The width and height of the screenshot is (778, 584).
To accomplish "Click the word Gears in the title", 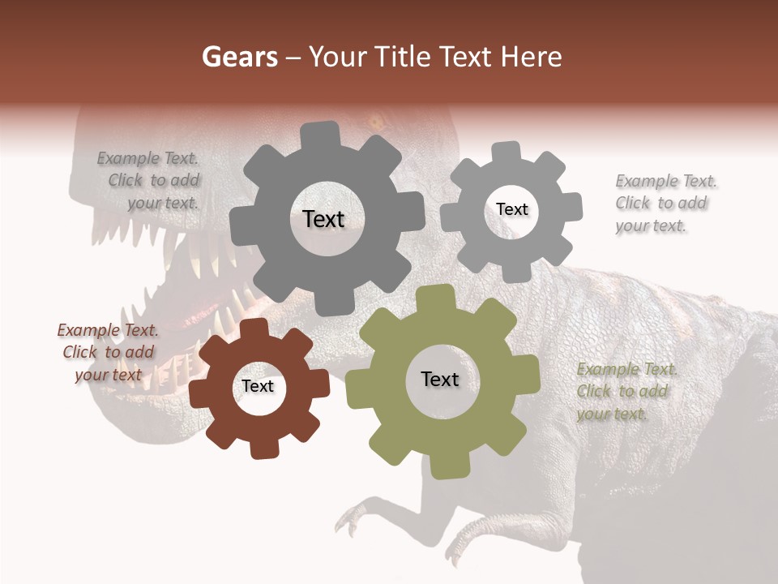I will click(240, 57).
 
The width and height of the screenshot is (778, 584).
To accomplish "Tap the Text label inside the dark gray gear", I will click(323, 219).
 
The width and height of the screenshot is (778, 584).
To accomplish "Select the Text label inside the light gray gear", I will click(511, 209).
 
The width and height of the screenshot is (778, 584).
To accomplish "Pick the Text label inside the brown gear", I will click(258, 386).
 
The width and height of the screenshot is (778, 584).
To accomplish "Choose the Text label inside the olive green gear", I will click(440, 379).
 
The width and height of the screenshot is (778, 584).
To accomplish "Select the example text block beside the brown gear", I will click(108, 352).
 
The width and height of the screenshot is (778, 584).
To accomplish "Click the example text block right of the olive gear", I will click(626, 391).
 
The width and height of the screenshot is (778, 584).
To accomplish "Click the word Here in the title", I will click(532, 57).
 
